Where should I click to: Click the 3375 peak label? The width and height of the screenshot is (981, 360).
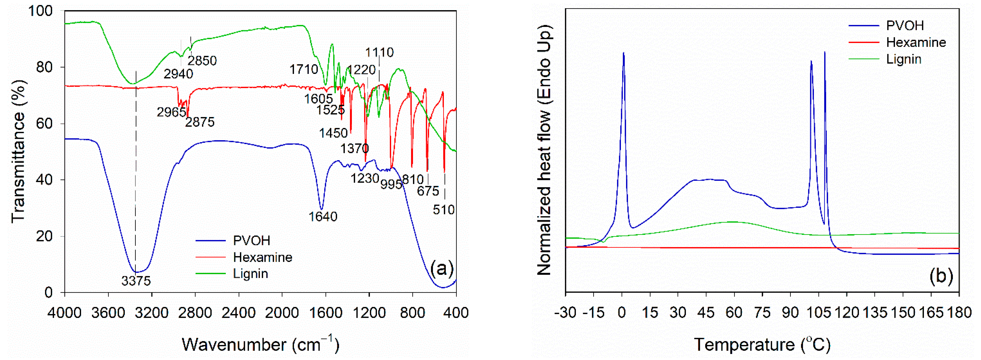point(136,281)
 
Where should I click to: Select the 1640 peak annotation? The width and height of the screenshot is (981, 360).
point(323,216)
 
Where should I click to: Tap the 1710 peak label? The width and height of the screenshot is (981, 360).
point(303,69)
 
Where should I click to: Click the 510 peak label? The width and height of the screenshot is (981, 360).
point(444,210)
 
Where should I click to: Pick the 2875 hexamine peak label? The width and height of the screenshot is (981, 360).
point(200,122)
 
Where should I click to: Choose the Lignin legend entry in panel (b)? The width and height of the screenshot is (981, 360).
point(903,59)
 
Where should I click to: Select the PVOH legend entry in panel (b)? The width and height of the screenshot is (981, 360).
point(905,25)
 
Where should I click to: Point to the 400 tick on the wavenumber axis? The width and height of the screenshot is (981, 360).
point(456,313)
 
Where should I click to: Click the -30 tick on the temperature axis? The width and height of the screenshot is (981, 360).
point(565,313)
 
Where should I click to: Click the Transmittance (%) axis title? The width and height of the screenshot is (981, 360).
point(18,151)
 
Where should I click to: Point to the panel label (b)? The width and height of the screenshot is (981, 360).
point(941,275)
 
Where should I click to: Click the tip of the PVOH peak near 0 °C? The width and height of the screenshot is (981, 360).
point(623,53)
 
